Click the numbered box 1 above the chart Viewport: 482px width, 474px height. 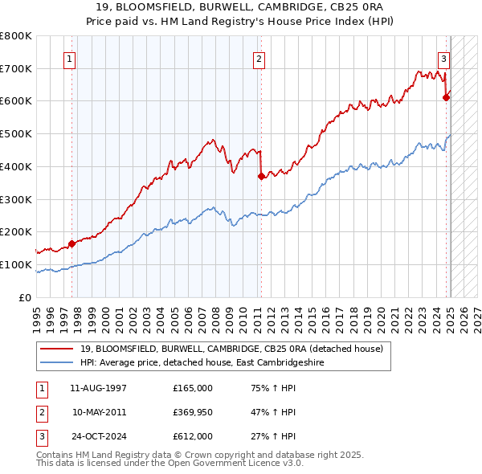pos(71,58)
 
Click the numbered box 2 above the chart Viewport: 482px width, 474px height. pos(259,58)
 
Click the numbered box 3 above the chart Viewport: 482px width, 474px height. pos(443,58)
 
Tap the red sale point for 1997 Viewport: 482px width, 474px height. pos(71,243)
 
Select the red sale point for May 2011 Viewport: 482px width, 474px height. pos(261,176)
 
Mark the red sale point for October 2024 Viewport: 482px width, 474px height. pos(446,97)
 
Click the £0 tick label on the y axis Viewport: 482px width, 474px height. pos(26,297)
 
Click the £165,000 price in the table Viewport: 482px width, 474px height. pos(192,388)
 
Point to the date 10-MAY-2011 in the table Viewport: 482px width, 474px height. pos(99,412)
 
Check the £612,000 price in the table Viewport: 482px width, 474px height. pos(192,436)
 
